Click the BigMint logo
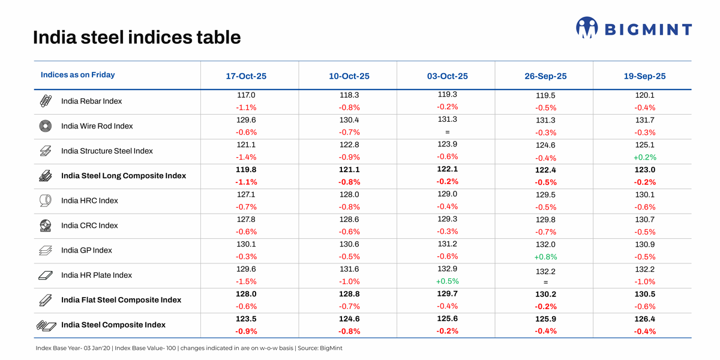[634, 28]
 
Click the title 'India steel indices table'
[137, 38]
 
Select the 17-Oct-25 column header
[246, 76]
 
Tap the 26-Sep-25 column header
[545, 76]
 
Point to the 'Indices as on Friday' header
[77, 75]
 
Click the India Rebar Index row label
[91, 101]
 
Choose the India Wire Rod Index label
[97, 127]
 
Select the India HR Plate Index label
[96, 275]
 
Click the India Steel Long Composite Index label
[124, 176]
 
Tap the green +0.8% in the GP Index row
[545, 257]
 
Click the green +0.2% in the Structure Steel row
[644, 157]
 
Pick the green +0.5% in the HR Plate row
[447, 281]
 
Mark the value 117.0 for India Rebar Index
[246, 95]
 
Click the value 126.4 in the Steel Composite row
[644, 319]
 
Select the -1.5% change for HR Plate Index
[246, 281]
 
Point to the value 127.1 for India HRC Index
[246, 194]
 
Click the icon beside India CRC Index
[46, 226]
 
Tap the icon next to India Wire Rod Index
[46, 127]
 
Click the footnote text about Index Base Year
[189, 348]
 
